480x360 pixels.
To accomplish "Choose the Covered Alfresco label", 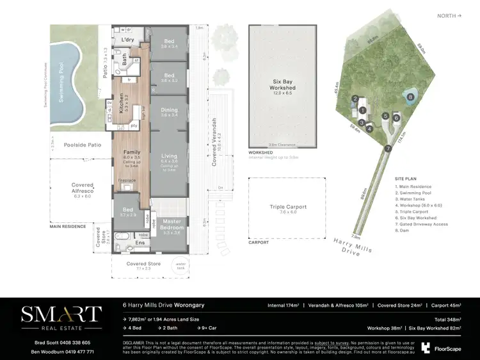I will point(83,188).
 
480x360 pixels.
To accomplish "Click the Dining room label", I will point(169,110).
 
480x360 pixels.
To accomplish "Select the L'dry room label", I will point(127,40).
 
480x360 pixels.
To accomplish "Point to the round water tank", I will point(180,265).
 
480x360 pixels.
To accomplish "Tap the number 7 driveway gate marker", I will point(388,148).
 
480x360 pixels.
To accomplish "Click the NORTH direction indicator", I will point(450,15).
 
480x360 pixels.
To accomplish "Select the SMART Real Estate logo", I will point(61,317).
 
